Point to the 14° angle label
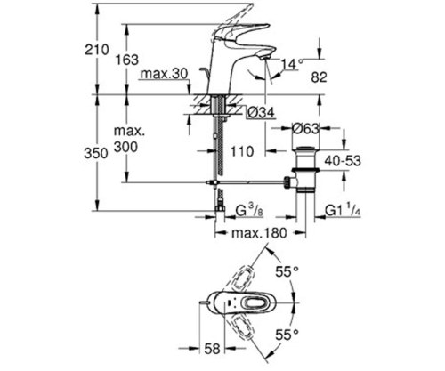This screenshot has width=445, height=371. [291, 62]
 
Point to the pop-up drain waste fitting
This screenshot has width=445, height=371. [307, 169]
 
